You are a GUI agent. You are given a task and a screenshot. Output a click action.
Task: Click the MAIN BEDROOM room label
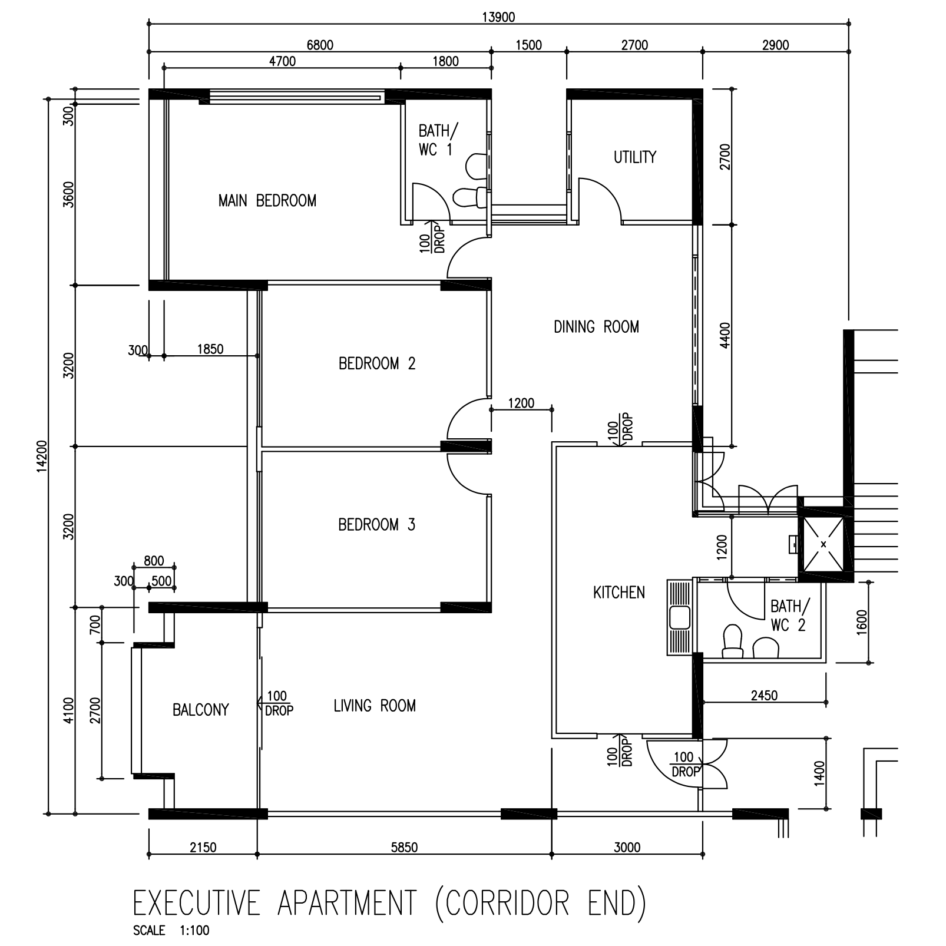(267, 201)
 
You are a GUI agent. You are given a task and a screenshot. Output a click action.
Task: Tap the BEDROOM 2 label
(377, 363)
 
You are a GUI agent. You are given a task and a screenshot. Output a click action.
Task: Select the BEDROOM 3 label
(377, 524)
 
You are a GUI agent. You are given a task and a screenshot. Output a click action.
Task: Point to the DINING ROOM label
(596, 326)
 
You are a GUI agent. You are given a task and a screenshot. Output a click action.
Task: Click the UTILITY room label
(634, 157)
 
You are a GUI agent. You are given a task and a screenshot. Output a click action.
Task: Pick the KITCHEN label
(618, 592)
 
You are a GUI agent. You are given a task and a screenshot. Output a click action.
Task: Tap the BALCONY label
(200, 710)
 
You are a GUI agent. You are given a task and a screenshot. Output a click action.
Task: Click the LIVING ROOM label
(375, 706)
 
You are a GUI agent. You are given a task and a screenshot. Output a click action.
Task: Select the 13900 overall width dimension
(498, 17)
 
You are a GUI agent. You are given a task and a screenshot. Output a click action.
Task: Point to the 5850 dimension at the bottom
(404, 847)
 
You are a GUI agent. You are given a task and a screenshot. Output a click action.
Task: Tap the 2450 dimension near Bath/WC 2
(764, 696)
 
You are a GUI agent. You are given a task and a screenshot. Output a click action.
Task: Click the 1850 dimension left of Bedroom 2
(210, 349)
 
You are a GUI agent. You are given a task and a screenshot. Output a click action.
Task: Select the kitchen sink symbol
(680, 617)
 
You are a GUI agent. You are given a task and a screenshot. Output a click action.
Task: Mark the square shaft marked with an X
(823, 543)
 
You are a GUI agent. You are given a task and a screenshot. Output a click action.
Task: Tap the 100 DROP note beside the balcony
(277, 703)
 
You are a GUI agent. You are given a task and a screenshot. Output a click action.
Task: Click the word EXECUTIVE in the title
(197, 904)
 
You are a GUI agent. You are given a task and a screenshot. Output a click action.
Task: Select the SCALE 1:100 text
(171, 931)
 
